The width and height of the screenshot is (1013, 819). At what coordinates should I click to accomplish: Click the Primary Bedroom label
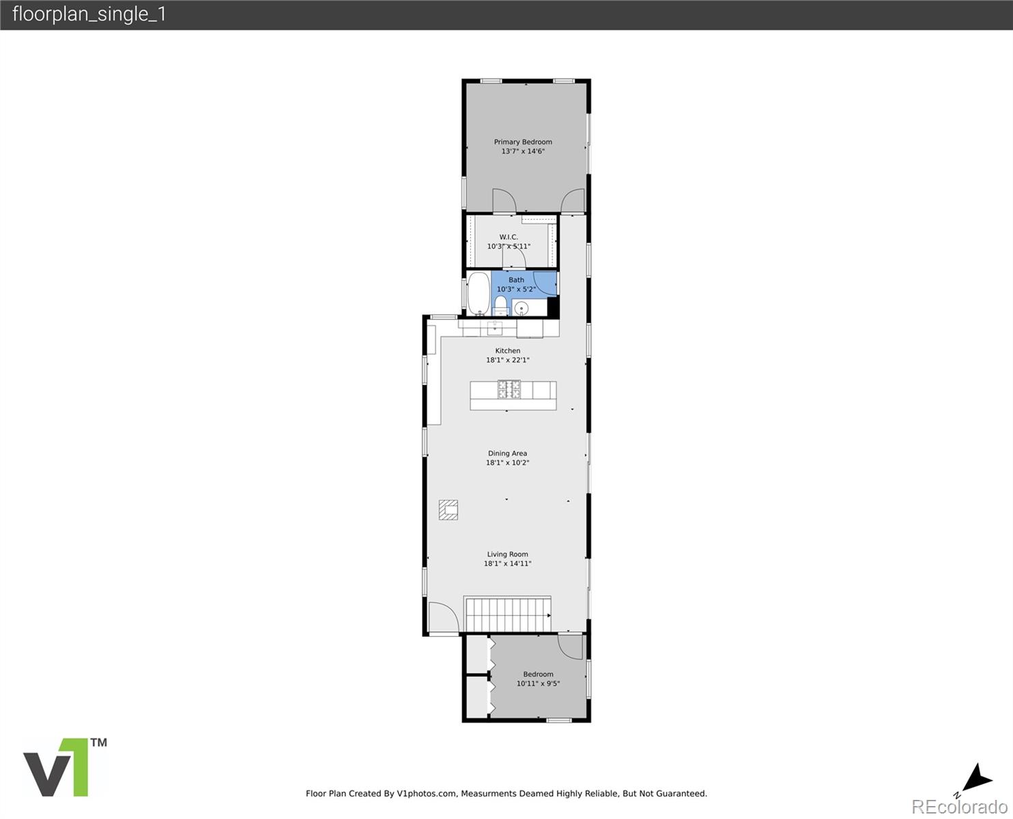523,142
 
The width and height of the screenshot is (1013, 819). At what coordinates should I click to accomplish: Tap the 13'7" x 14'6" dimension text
523,152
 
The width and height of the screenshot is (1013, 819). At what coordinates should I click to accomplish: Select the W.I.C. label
509,237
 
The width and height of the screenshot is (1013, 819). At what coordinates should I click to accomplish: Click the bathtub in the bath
479,293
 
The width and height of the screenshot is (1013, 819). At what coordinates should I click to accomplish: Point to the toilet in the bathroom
500,305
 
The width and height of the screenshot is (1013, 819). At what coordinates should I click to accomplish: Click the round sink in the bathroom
523,308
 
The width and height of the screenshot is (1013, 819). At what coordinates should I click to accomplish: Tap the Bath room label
516,280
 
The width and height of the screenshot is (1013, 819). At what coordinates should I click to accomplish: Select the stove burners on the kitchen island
509,389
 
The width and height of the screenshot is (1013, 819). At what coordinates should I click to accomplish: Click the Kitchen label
507,351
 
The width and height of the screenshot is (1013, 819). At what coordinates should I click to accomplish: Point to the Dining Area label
507,453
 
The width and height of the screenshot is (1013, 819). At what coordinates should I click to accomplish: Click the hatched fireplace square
448,510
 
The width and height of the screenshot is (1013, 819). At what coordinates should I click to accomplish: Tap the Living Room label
507,554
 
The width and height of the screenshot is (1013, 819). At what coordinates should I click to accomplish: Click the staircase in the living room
509,614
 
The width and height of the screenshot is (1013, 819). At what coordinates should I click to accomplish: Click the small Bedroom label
538,674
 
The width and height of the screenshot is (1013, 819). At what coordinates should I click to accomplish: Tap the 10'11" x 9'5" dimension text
538,683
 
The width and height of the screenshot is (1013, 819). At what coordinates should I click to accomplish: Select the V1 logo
64,767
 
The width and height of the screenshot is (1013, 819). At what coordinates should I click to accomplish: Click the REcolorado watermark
959,807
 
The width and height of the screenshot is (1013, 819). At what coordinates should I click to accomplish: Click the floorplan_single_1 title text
89,14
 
